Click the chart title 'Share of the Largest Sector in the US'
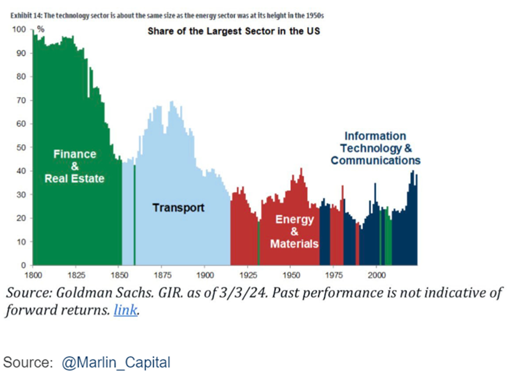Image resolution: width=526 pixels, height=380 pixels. coord(234,31)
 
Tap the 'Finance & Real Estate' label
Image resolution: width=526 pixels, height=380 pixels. coord(74,166)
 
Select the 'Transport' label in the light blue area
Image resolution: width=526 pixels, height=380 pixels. coord(178,207)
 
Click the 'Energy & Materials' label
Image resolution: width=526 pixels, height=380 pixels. coord(295,232)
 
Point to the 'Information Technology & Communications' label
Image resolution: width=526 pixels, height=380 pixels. coord(375,148)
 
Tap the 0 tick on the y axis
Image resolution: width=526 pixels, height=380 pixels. coord(23,266)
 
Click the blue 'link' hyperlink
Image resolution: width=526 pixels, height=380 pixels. coord(126,311)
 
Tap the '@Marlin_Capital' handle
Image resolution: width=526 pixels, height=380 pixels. coord(115,362)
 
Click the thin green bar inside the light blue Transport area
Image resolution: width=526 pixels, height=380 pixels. coord(134,216)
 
